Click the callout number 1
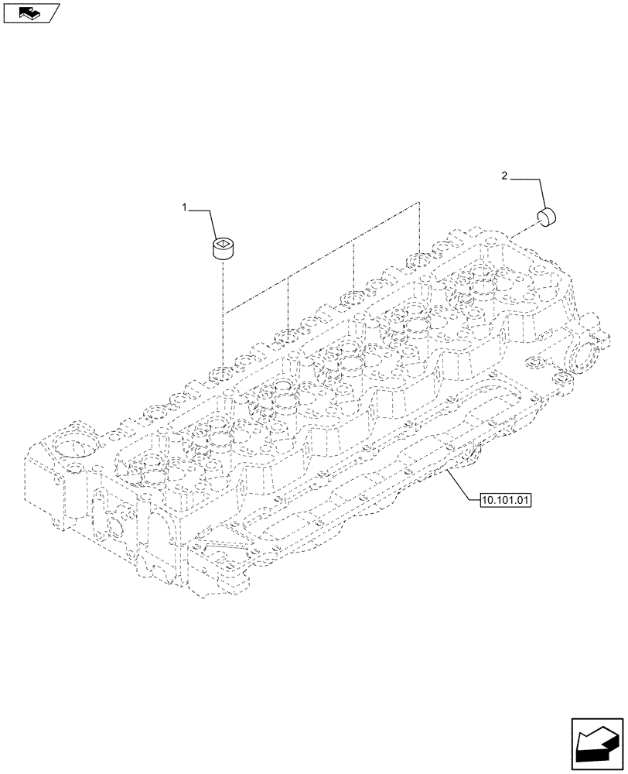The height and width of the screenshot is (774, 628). click(185, 207)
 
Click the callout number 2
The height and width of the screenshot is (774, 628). click(505, 176)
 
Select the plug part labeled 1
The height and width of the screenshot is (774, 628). click(223, 248)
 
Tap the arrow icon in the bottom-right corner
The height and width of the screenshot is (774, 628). click(597, 743)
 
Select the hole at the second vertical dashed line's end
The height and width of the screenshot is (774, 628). click(288, 334)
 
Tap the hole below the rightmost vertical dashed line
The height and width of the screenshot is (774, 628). click(418, 262)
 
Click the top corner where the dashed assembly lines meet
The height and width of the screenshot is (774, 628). click(418, 203)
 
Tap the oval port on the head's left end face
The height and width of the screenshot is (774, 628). click(113, 527)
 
